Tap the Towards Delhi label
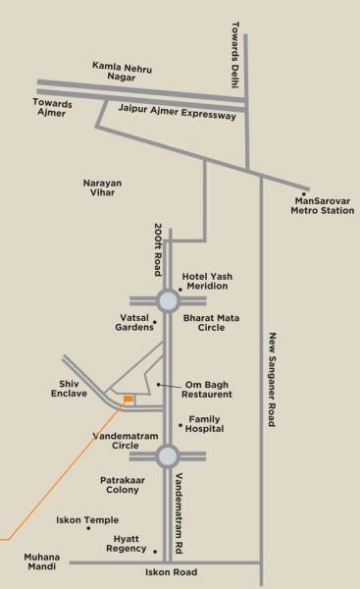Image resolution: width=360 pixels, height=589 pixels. [235, 55]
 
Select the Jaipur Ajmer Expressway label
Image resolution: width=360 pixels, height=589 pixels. [177, 115]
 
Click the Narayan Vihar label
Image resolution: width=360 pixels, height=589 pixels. [105, 187]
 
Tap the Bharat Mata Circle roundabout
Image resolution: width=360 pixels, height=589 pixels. [167, 301]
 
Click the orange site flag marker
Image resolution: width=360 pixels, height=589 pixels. [128, 398]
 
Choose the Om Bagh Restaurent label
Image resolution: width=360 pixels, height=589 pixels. [208, 389]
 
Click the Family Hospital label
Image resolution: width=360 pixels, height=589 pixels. [205, 424]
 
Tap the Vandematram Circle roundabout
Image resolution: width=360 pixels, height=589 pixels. [167, 455]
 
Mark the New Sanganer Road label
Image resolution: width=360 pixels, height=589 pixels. [273, 378]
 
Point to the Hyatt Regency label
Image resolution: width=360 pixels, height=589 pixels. [124, 545]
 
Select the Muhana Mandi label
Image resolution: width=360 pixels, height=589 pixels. [42, 562]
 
